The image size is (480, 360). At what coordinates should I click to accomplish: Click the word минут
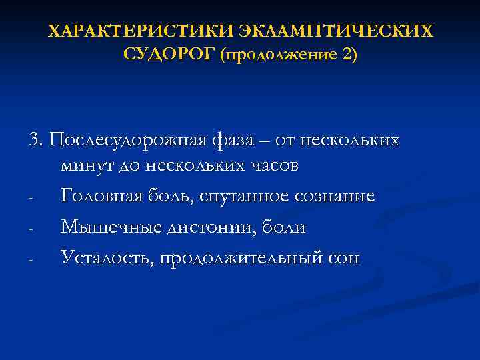point(84,165)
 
